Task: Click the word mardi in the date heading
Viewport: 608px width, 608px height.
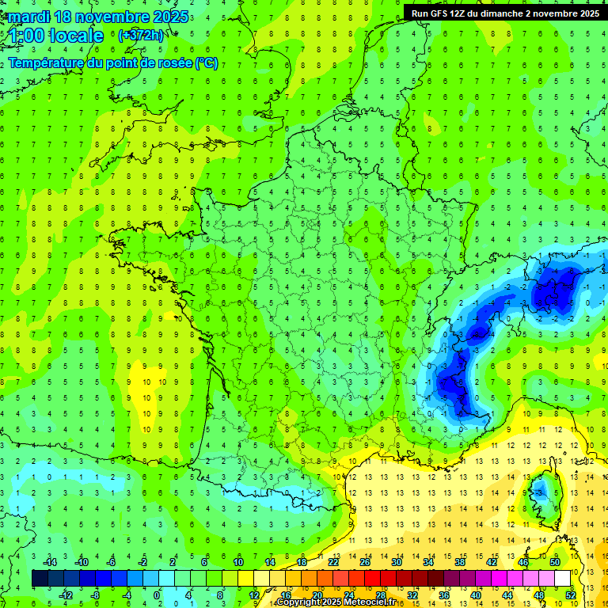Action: click(31, 17)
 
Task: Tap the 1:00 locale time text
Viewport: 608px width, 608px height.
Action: click(56, 36)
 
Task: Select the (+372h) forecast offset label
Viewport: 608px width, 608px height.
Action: click(141, 36)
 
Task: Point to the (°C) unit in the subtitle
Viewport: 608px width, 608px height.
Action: click(206, 63)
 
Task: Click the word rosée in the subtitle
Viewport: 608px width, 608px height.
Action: click(169, 63)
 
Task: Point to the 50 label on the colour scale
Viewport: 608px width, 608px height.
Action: click(555, 562)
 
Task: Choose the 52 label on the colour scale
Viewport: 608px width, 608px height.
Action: click(571, 595)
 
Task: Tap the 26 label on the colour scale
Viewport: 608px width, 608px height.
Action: click(365, 562)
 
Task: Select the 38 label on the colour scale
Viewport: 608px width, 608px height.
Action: click(460, 562)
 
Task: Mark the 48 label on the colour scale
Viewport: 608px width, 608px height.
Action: click(539, 595)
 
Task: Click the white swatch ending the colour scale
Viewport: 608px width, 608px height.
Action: click(563, 579)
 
